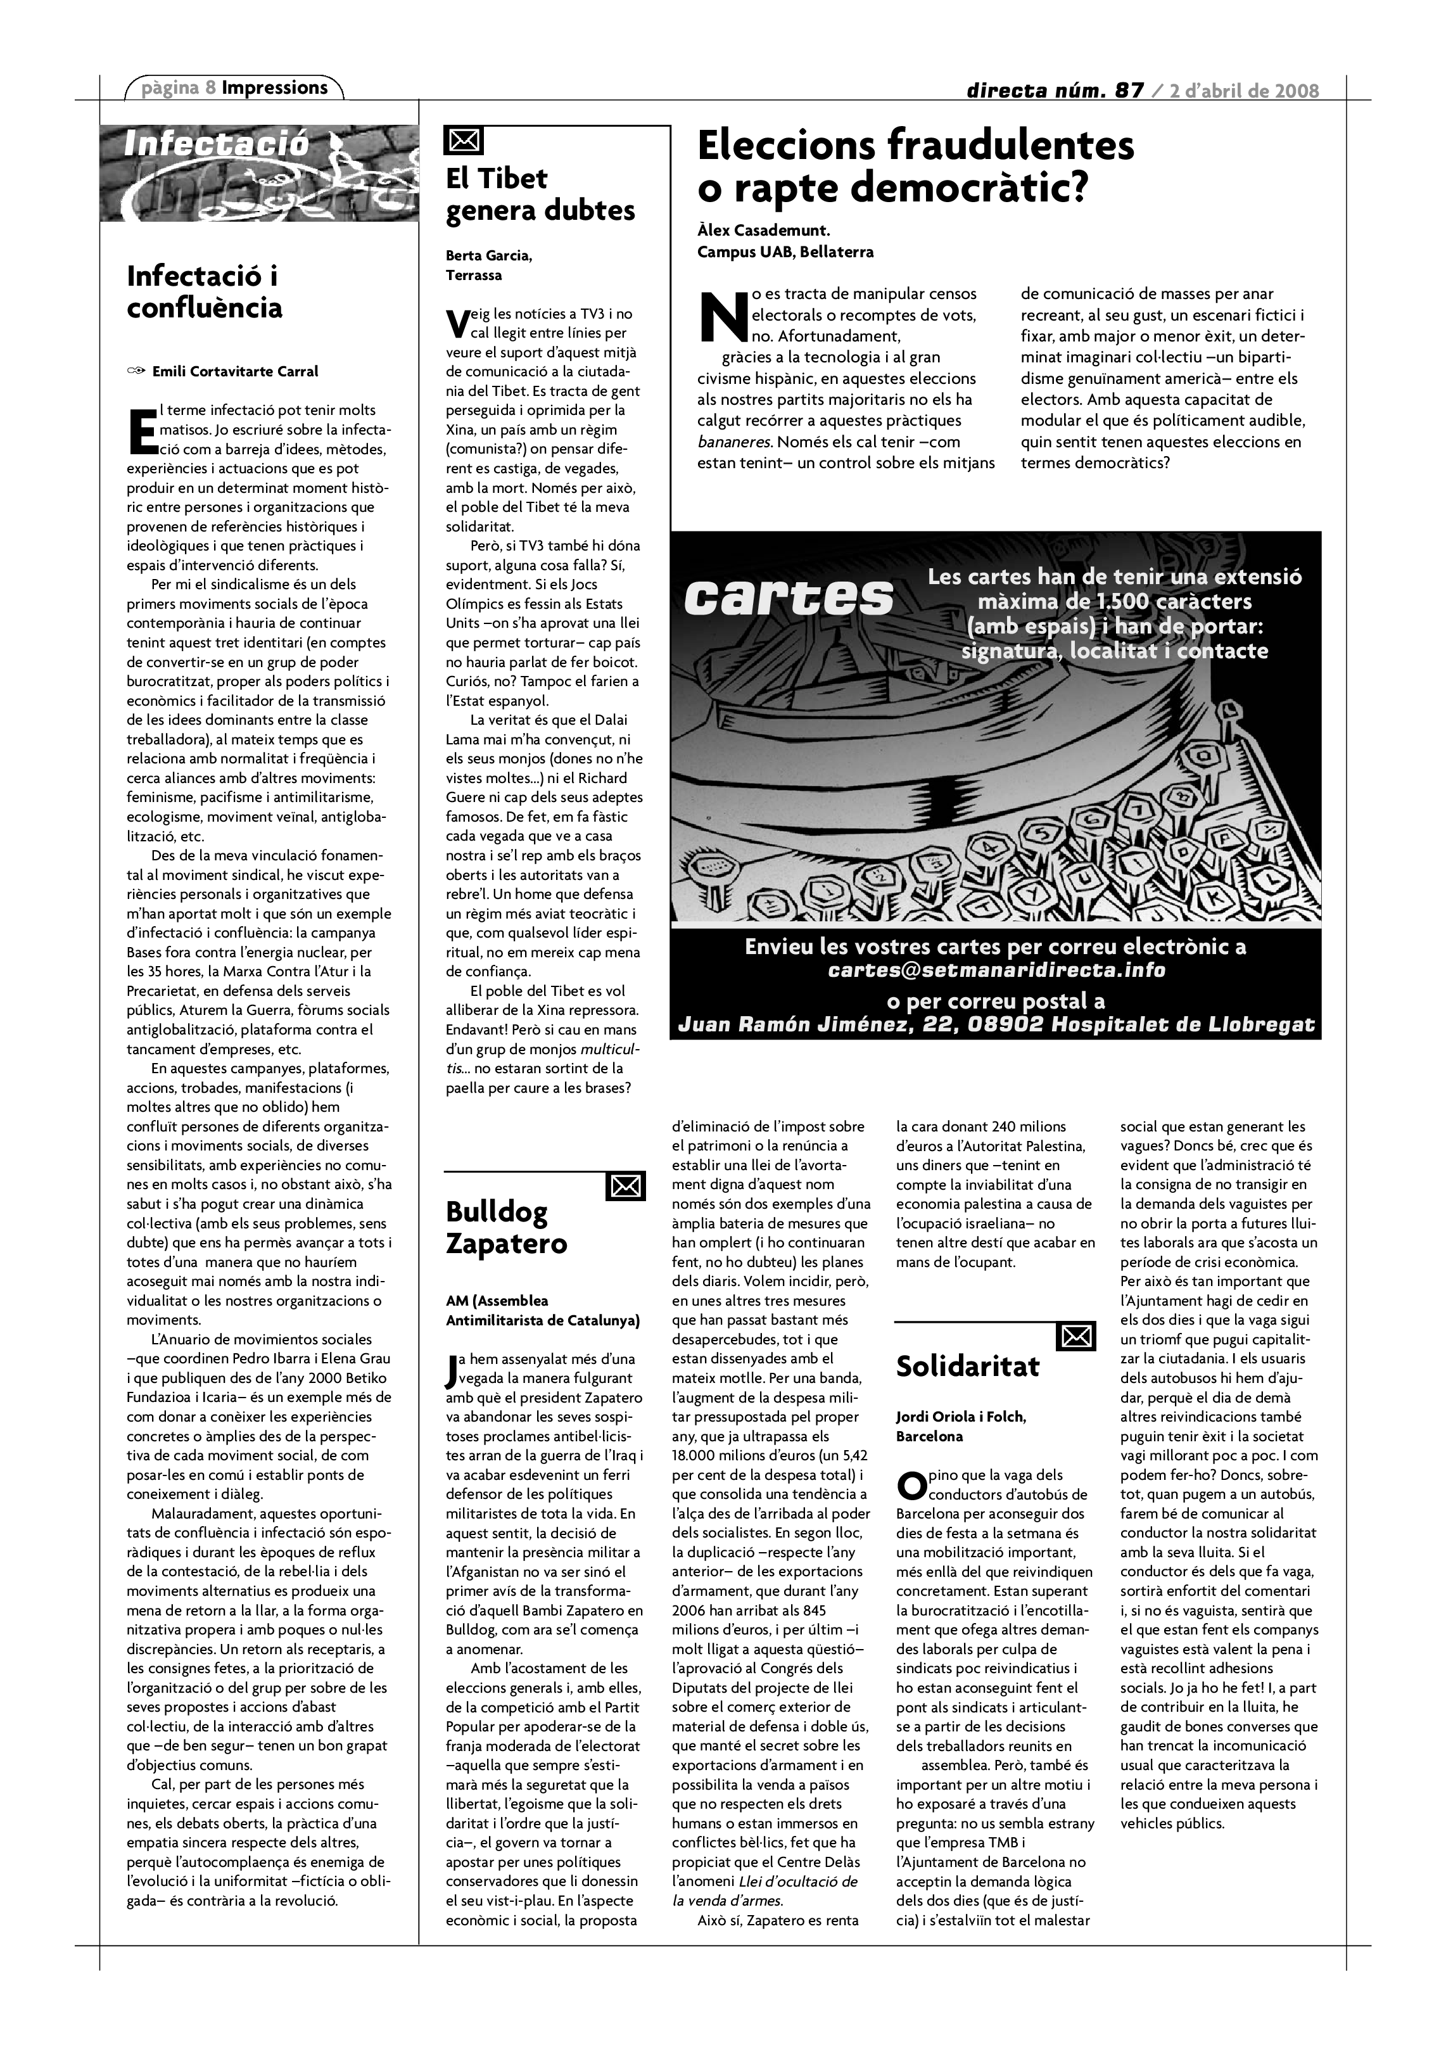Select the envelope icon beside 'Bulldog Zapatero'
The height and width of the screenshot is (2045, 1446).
625,1185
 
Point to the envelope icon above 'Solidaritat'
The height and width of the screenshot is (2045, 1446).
1075,1336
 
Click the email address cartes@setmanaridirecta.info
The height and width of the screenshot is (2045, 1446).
996,970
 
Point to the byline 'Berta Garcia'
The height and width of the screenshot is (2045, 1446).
489,257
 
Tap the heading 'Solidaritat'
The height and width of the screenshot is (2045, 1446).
967,1367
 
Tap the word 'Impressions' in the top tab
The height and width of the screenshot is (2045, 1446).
274,87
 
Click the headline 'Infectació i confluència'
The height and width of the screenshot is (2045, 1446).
204,291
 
